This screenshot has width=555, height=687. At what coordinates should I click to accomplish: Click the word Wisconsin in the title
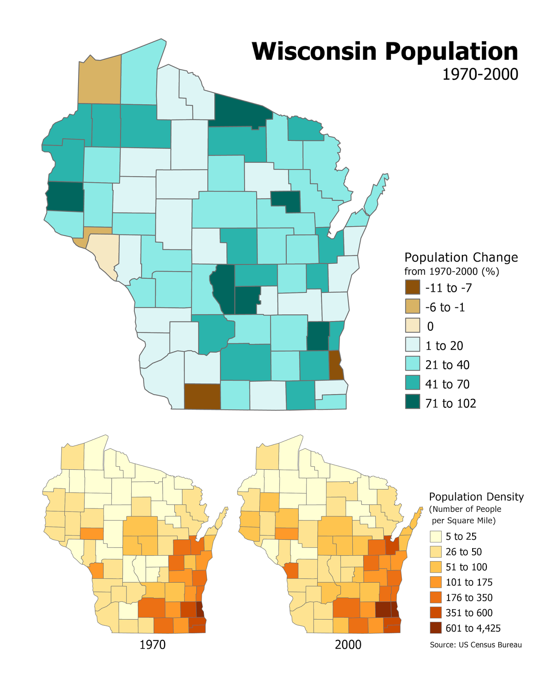click(x=315, y=52)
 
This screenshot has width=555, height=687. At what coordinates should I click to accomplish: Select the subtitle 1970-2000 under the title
click(x=480, y=74)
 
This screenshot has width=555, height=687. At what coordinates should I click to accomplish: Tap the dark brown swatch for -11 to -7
click(x=412, y=287)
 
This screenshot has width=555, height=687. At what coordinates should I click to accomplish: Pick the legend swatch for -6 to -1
click(x=412, y=307)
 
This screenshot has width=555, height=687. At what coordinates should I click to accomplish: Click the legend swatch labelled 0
click(x=412, y=326)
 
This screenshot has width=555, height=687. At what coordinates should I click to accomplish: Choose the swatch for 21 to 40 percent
click(x=412, y=364)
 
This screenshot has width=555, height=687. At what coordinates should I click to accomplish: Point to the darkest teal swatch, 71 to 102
click(x=412, y=402)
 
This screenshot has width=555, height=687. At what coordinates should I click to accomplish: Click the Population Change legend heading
click(x=461, y=257)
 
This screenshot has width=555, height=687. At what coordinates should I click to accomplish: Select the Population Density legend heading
click(x=476, y=497)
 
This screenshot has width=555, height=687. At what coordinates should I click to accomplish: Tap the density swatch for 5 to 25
click(x=436, y=536)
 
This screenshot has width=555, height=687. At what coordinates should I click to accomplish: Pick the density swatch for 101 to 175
click(x=436, y=582)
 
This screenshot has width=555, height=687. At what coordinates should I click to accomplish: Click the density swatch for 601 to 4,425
click(x=436, y=628)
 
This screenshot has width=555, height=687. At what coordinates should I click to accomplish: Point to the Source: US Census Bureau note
click(x=476, y=644)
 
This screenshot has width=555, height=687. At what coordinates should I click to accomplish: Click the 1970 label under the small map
click(x=152, y=644)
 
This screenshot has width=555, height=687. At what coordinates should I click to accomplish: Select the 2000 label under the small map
click(x=348, y=644)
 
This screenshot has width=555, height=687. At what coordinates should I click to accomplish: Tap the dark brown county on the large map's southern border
click(x=203, y=396)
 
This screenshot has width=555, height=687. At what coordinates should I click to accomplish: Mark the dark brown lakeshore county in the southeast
click(x=336, y=365)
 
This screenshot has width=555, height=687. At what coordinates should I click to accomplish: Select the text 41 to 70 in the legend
click(x=447, y=384)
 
